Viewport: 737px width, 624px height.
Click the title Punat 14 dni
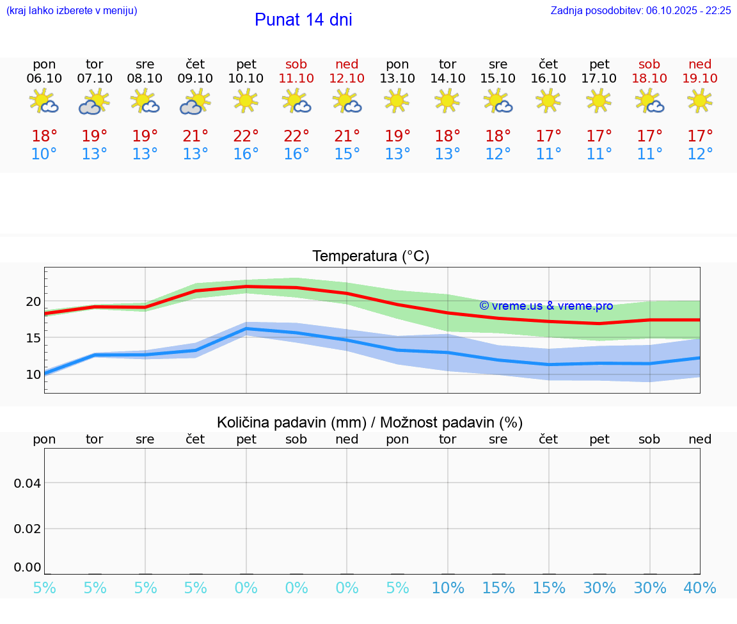[303, 20]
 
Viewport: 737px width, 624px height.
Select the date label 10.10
[246, 78]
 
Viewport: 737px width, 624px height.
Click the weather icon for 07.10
[95, 102]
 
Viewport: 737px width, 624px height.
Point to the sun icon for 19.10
[699, 100]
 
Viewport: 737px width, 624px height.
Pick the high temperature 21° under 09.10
[195, 136]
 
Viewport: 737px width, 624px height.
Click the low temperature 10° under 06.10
[44, 154]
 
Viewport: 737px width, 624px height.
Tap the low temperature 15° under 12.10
[347, 154]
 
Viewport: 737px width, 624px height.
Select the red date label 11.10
[296, 78]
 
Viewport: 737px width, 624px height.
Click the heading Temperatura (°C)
[370, 257]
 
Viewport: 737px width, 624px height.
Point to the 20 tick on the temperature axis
[34, 301]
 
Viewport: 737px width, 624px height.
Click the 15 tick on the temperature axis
[34, 338]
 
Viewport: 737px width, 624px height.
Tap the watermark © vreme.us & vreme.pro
[546, 306]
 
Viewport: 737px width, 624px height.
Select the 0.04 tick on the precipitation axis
[28, 483]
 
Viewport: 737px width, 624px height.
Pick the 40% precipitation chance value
[700, 588]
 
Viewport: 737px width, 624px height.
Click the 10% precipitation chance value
[448, 588]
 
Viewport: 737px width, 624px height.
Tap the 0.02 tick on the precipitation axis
[28, 529]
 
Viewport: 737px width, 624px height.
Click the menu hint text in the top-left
[72, 11]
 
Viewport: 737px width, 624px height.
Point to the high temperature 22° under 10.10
[246, 136]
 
